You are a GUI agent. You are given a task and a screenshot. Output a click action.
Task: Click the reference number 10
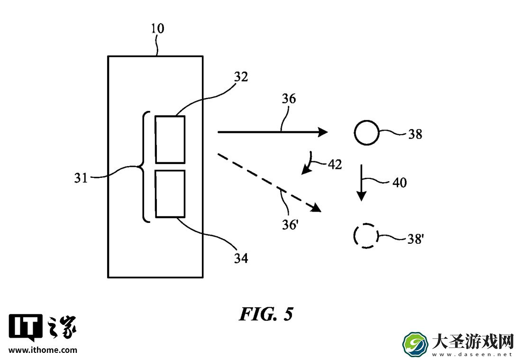(x=157, y=29)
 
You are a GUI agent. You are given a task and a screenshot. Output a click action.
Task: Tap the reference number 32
(x=241, y=77)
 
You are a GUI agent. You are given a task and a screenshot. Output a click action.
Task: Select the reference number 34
(x=241, y=258)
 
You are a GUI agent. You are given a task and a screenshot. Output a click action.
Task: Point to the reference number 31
(x=81, y=178)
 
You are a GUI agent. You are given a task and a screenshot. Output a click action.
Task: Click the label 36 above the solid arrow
(x=289, y=99)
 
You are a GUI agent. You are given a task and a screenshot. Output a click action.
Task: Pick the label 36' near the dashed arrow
(x=290, y=225)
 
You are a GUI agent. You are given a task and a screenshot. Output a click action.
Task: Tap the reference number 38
(x=415, y=134)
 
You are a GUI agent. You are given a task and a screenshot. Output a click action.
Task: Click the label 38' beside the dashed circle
(x=416, y=239)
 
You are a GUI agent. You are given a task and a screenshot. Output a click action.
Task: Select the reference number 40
(x=400, y=183)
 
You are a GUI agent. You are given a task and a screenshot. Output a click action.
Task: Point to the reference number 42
(x=335, y=165)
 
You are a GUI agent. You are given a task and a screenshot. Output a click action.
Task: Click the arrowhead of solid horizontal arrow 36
(x=322, y=132)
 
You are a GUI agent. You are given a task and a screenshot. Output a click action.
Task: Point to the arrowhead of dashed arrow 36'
(x=316, y=208)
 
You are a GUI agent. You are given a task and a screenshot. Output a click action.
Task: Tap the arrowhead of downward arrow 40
(x=362, y=196)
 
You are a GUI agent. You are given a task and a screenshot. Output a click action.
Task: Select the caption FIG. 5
(x=266, y=314)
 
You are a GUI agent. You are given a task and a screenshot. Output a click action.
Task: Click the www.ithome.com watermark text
(x=43, y=350)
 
